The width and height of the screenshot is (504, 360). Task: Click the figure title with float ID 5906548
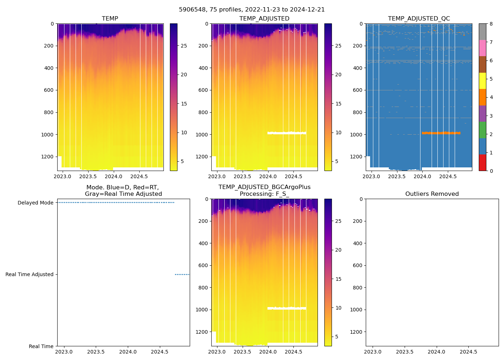pyautogui.click(x=252, y=10)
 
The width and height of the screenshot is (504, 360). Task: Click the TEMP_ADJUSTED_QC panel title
pyautogui.click(x=419, y=19)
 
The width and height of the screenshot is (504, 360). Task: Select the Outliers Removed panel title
pyautogui.click(x=432, y=194)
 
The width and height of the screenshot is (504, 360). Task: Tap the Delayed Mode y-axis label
pyautogui.click(x=35, y=203)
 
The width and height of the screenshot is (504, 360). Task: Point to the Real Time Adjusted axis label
pyautogui.click(x=29, y=275)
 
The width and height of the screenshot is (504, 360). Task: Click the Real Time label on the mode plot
pyautogui.click(x=41, y=346)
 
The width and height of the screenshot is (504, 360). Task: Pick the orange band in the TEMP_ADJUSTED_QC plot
pyautogui.click(x=441, y=133)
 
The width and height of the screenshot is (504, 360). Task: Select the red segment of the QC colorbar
pyautogui.click(x=482, y=163)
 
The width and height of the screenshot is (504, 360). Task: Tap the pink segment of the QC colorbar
pyautogui.click(x=482, y=48)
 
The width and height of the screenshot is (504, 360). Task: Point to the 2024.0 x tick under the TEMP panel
pyautogui.click(x=113, y=176)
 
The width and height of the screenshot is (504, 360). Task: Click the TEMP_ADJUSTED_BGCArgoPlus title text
pyautogui.click(x=264, y=187)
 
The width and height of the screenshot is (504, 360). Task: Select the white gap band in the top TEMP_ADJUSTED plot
pyautogui.click(x=287, y=133)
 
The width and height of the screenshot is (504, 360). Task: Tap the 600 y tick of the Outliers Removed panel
pyautogui.click(x=356, y=266)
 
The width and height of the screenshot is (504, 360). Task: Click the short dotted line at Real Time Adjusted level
pyautogui.click(x=182, y=275)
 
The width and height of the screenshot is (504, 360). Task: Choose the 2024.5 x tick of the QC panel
pyautogui.click(x=448, y=176)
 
